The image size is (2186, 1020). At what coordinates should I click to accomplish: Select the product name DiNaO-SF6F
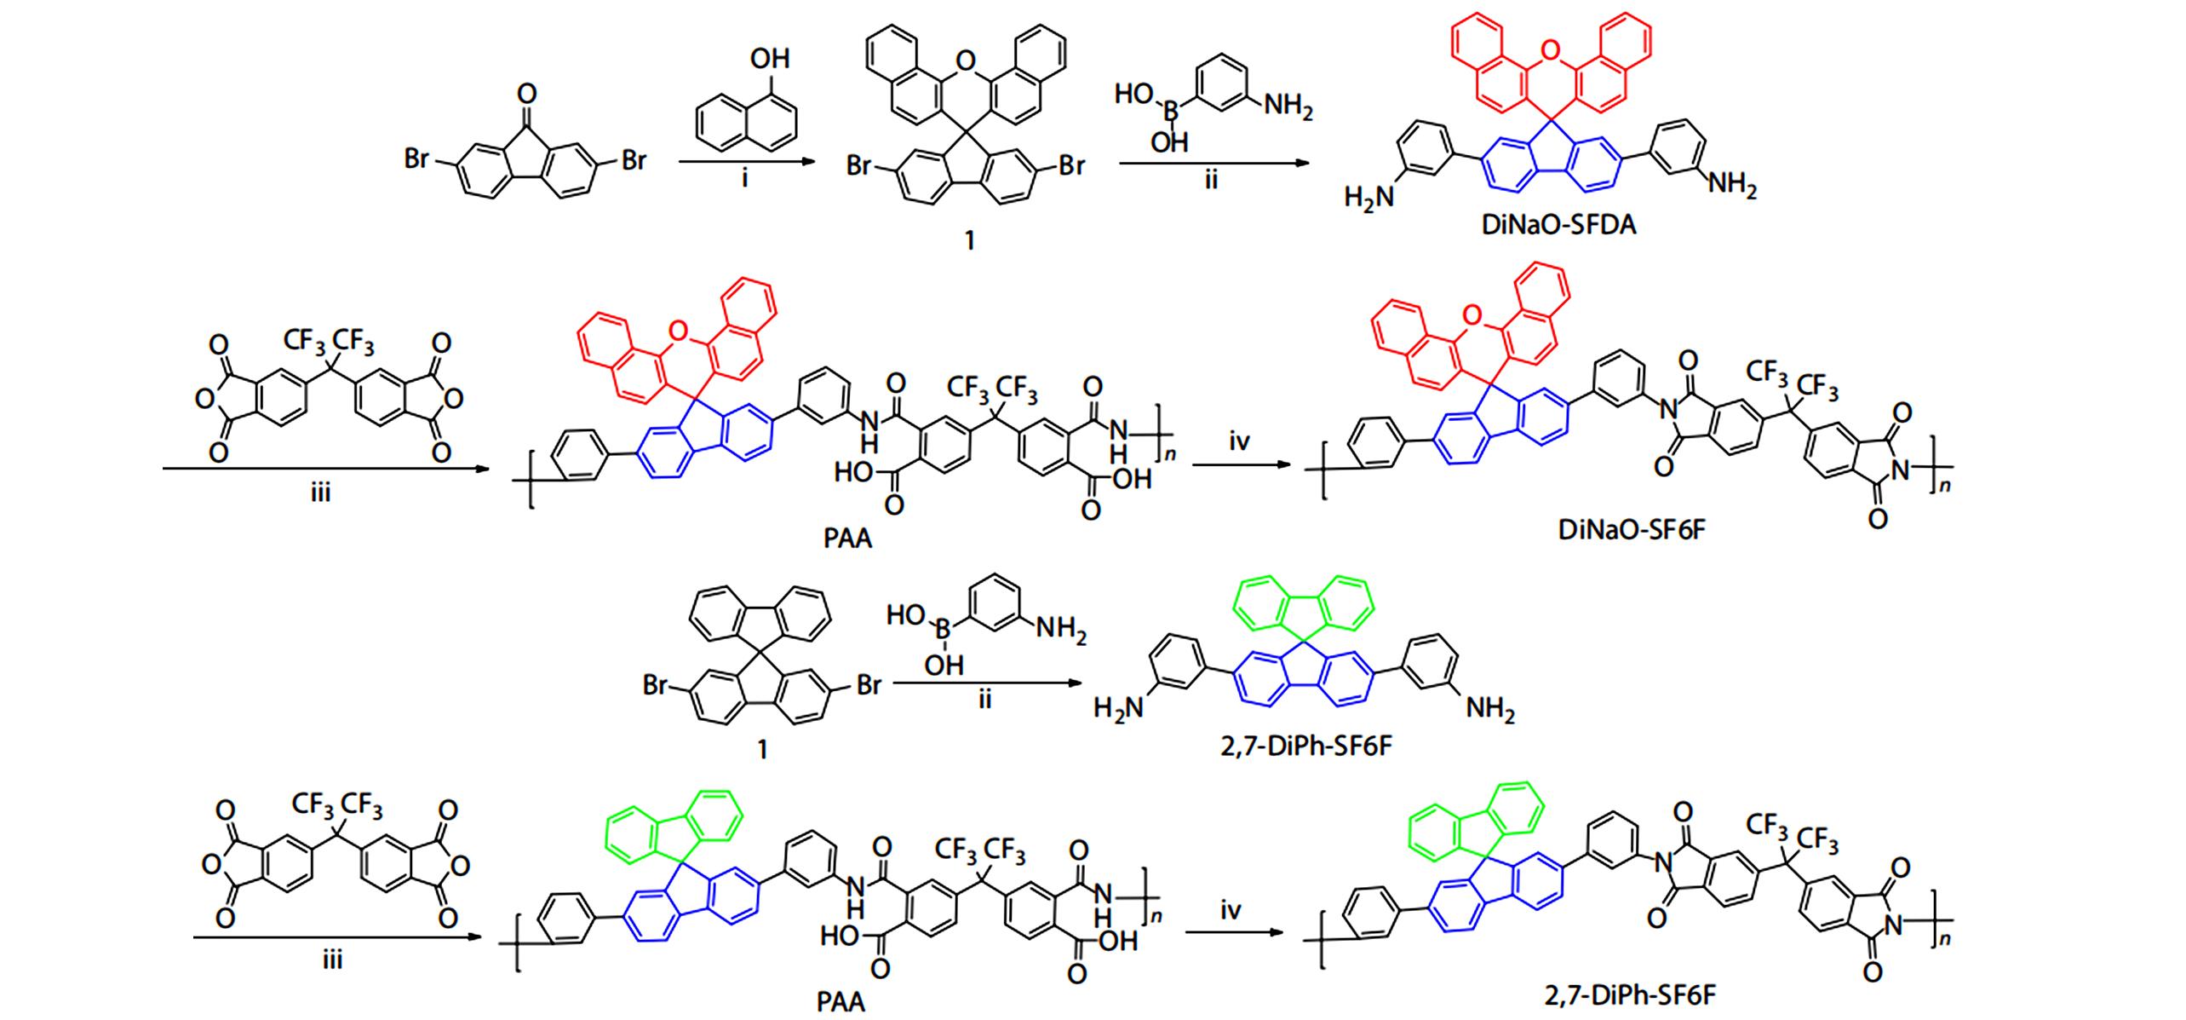tap(1632, 530)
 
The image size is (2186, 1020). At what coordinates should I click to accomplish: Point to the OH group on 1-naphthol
tap(769, 59)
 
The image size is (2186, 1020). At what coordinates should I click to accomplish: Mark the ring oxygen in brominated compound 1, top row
tap(965, 60)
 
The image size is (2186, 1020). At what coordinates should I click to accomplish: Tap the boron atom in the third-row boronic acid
tap(944, 631)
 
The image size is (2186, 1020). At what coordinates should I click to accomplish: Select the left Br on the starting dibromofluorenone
tap(416, 160)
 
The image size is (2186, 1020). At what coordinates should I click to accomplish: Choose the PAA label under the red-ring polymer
tap(848, 539)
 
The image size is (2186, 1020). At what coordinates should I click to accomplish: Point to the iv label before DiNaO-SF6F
tap(1238, 443)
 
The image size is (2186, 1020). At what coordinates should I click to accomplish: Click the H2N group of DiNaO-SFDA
tap(1370, 199)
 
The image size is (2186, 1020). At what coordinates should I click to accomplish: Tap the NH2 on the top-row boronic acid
tap(1289, 108)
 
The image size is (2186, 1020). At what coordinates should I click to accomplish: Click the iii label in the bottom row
tap(332, 961)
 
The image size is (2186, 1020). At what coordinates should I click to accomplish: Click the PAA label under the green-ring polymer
tap(841, 1003)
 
